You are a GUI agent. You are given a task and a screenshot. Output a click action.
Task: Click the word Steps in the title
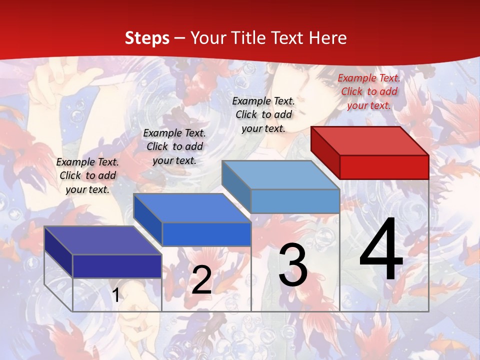pos(146,38)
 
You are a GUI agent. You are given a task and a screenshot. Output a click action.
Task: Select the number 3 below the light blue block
pos(293,265)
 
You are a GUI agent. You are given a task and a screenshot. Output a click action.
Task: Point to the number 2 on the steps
pos(201,280)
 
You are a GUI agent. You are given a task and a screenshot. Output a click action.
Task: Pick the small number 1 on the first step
pos(115,295)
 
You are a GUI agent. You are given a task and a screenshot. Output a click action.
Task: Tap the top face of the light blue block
pos(280,175)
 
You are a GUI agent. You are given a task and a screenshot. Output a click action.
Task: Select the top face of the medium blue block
pos(192,208)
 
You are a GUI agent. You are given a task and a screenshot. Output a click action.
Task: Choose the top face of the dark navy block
pos(102,240)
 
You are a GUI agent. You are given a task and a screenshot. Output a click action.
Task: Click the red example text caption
pos(369,91)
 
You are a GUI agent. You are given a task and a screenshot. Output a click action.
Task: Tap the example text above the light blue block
pos(263,114)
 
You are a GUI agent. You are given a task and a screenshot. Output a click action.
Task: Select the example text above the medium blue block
pos(174,146)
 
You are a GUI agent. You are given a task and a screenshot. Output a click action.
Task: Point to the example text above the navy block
pos(87,175)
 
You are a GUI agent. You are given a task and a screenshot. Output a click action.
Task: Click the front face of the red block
pos(384,167)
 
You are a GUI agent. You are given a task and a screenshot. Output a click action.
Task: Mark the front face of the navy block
pos(117,266)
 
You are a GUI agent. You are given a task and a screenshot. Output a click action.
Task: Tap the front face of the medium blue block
pos(206,234)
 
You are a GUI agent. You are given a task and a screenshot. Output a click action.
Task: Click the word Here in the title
pos(328,38)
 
